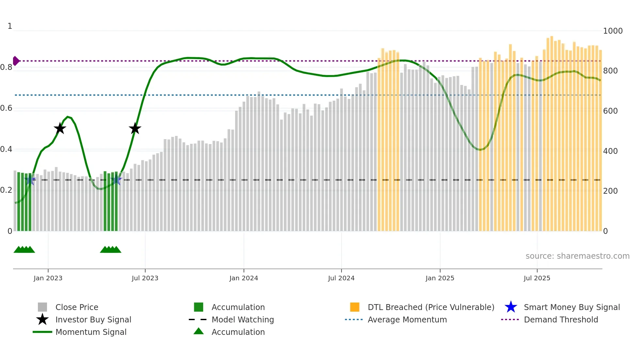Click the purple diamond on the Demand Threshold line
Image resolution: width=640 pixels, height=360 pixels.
pyautogui.click(x=16, y=61)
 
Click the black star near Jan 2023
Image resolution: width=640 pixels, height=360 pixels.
pyautogui.click(x=60, y=128)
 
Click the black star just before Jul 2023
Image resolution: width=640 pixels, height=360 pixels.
pyautogui.click(x=135, y=128)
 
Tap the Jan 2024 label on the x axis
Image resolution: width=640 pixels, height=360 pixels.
pyautogui.click(x=244, y=278)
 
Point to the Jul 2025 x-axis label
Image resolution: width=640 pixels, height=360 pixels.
pyautogui.click(x=537, y=278)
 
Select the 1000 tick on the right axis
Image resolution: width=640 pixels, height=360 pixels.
pyautogui.click(x=613, y=31)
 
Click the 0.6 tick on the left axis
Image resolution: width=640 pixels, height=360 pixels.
pyautogui.click(x=7, y=108)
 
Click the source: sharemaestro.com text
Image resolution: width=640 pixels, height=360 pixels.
pyautogui.click(x=577, y=256)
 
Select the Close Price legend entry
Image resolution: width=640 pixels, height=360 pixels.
pyautogui.click(x=77, y=307)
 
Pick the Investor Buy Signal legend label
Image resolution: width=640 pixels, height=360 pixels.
pyautogui.click(x=93, y=319)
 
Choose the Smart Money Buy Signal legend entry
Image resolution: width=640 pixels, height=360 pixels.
pyautogui.click(x=572, y=307)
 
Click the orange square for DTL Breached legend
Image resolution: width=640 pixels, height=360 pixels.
pyautogui.click(x=355, y=307)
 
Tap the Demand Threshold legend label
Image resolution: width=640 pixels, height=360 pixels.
pyautogui.click(x=561, y=319)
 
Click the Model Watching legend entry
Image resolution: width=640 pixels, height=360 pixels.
pyautogui.click(x=243, y=319)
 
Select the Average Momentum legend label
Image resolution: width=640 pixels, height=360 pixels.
pyautogui.click(x=407, y=319)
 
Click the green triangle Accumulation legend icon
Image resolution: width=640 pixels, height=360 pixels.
pyautogui.click(x=199, y=331)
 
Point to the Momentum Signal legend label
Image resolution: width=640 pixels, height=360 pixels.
pyautogui.click(x=91, y=332)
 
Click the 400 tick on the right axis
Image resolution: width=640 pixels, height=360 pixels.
pyautogui.click(x=610, y=151)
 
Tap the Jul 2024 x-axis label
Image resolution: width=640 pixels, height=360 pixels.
pyautogui.click(x=341, y=278)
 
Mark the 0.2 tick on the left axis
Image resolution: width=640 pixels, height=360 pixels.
pyautogui.click(x=7, y=190)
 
